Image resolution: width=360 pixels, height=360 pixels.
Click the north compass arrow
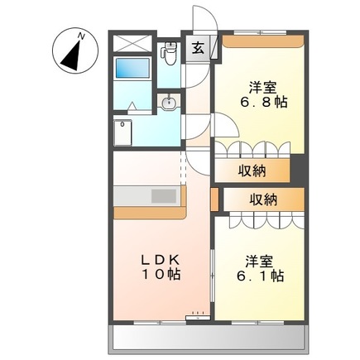click(x=70, y=51)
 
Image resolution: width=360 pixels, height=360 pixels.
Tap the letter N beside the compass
click(x=81, y=35)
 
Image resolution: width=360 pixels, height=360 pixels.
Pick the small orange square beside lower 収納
click(x=214, y=199)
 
